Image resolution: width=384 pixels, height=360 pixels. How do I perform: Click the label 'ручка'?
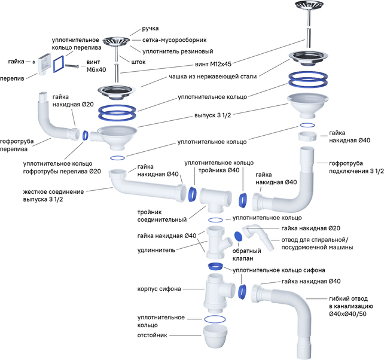pyautogui.click(x=151, y=29)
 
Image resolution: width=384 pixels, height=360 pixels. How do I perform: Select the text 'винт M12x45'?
pyautogui.click(x=213, y=63)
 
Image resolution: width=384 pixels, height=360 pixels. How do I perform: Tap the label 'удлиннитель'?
pyautogui.click(x=158, y=250)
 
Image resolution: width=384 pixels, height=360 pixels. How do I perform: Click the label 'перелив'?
pyautogui.click(x=13, y=78)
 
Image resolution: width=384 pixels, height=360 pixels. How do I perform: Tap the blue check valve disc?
pyautogui.click(x=237, y=235)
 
